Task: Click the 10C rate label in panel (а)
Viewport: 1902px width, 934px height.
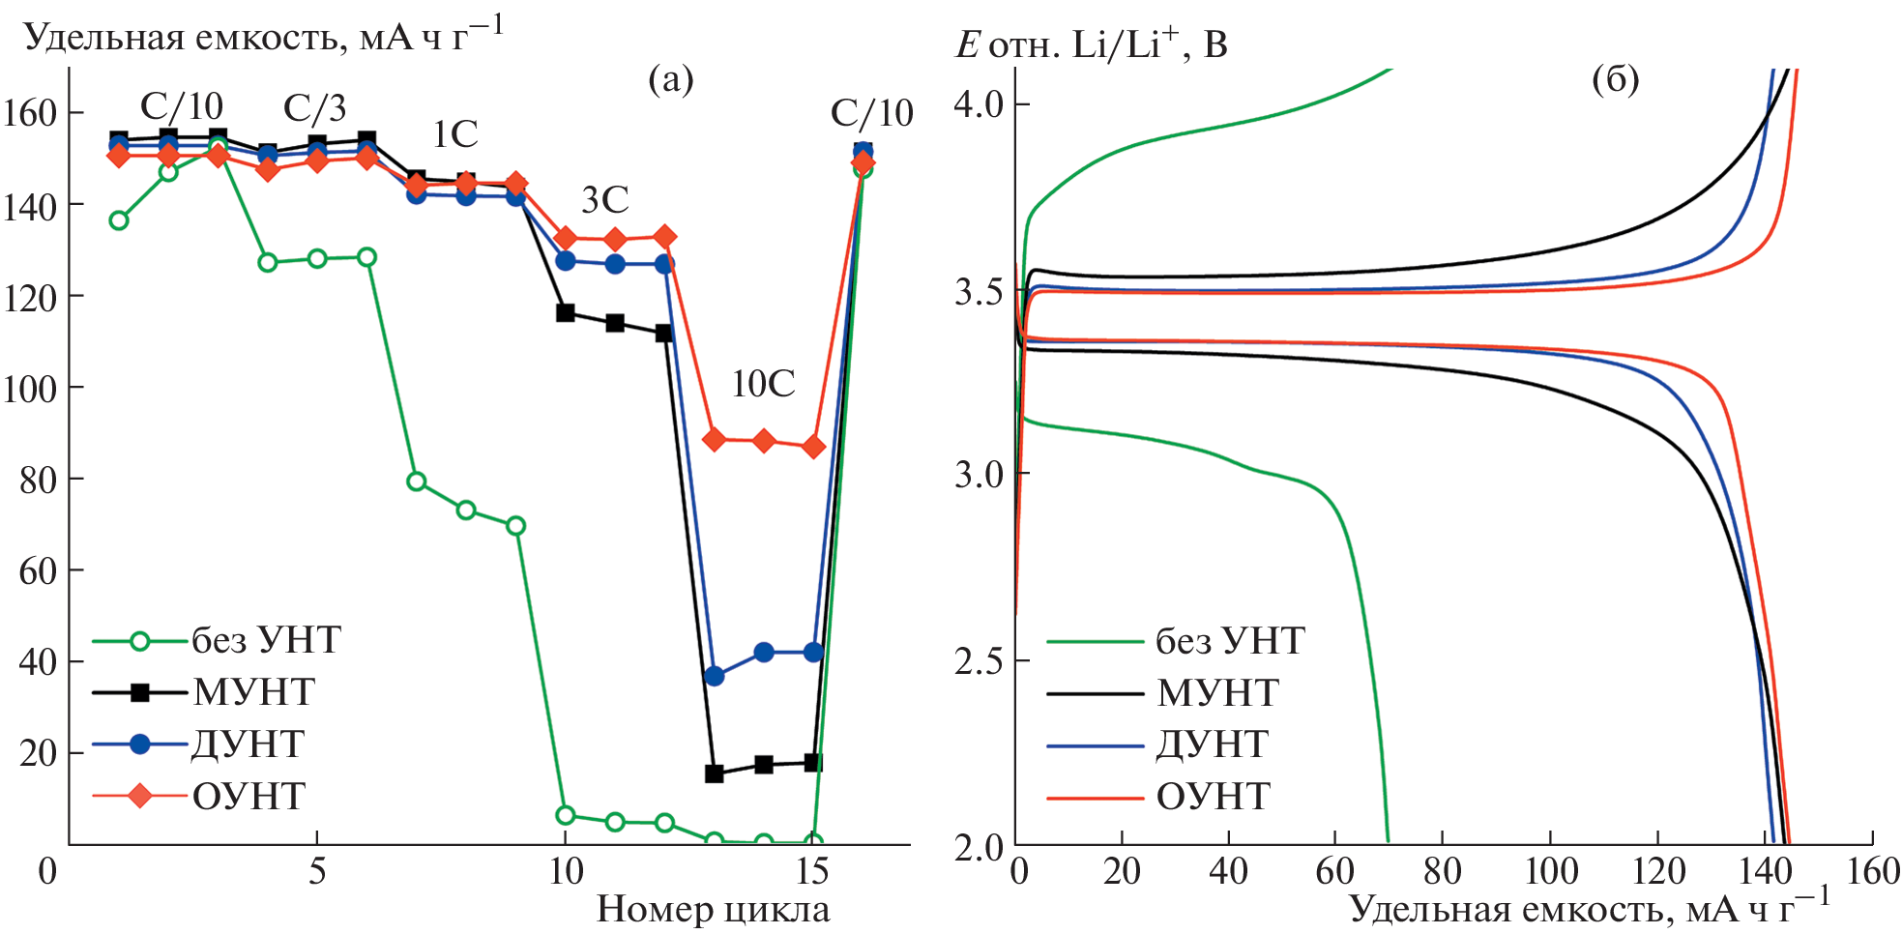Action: [x=763, y=385]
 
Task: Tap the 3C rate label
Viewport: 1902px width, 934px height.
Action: [x=605, y=200]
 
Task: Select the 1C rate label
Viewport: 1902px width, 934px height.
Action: [x=454, y=134]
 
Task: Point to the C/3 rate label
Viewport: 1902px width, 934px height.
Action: [x=314, y=108]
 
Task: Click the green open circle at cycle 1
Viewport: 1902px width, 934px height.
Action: [x=119, y=220]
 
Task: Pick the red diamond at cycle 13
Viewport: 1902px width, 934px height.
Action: [x=715, y=440]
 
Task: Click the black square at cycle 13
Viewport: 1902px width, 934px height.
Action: [x=715, y=773]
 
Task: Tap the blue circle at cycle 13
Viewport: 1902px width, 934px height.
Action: [x=715, y=676]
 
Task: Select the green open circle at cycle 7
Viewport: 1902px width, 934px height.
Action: [x=417, y=482]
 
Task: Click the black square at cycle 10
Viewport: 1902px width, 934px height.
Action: [x=566, y=312]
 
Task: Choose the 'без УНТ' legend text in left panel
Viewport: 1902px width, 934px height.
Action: [x=266, y=640]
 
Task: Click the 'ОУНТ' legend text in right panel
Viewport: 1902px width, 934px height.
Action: [x=1213, y=797]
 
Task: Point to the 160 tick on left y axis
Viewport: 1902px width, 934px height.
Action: [x=30, y=113]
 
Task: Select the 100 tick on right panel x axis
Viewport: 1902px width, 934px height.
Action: [x=1551, y=872]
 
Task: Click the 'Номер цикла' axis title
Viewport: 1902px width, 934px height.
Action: [x=713, y=910]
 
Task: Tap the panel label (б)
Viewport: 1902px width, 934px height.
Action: [x=1615, y=79]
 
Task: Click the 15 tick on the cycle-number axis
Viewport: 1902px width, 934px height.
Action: [x=812, y=872]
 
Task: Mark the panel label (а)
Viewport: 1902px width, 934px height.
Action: [x=671, y=79]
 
